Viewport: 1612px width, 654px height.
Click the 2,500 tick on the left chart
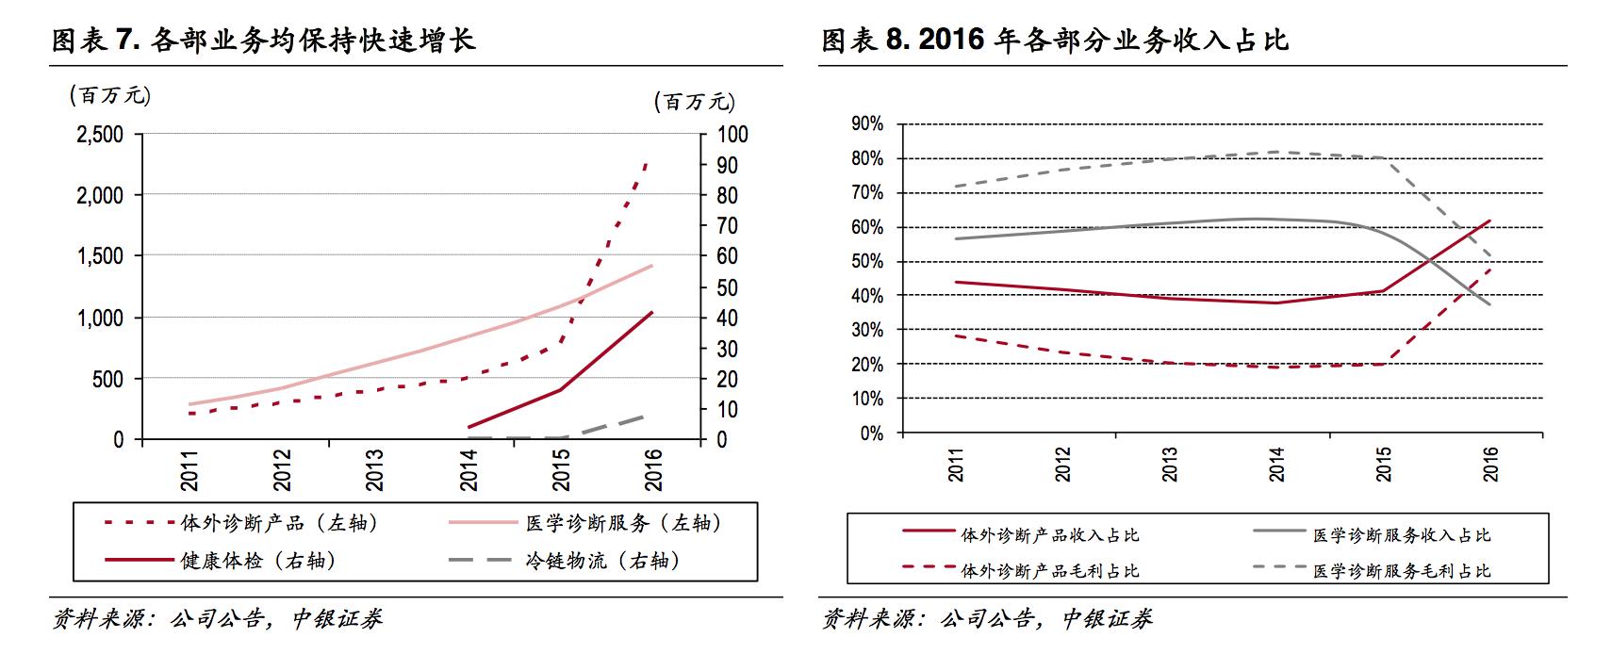click(99, 134)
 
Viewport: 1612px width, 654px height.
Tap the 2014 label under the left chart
click(469, 468)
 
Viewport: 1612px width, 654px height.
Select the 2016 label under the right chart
click(1490, 463)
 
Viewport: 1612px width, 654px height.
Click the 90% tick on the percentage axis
click(866, 123)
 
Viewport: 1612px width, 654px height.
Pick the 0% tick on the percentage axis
click(871, 433)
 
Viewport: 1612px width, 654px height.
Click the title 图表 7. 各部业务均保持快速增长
click(263, 41)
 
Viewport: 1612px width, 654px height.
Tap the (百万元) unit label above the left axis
click(109, 95)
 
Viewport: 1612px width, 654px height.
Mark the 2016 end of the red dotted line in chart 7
click(647, 162)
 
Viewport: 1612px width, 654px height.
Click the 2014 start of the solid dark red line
click(469, 427)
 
